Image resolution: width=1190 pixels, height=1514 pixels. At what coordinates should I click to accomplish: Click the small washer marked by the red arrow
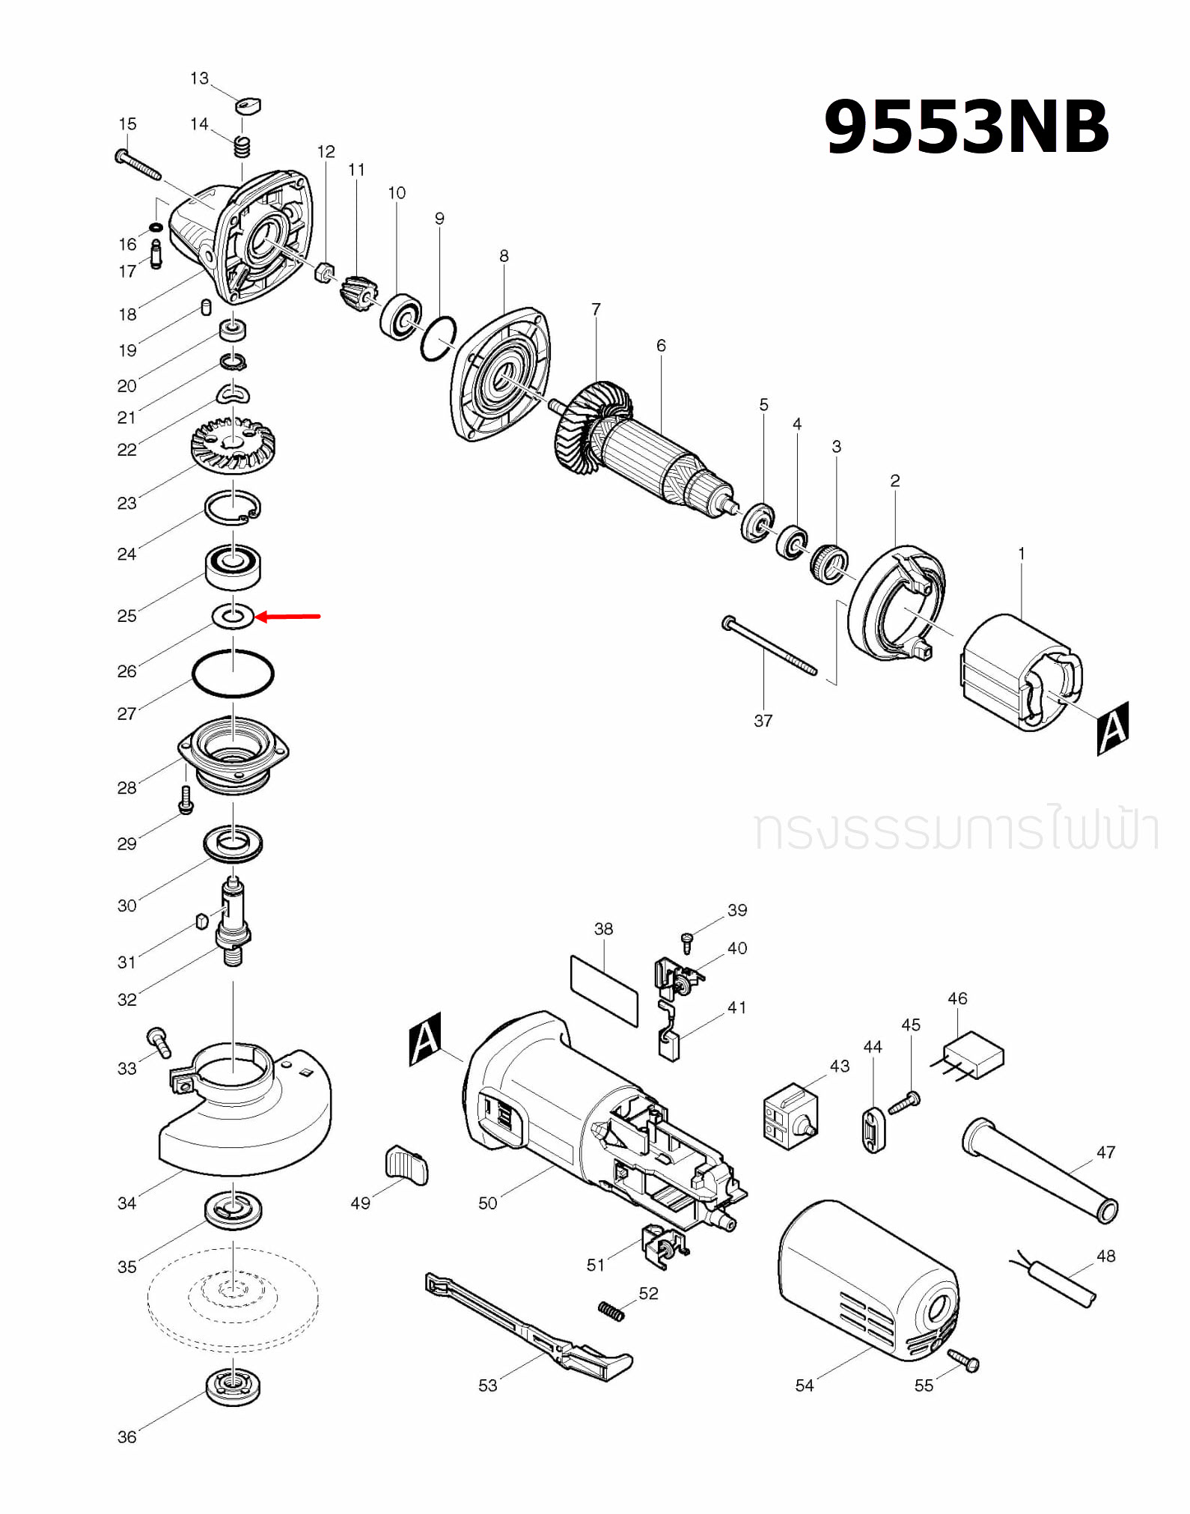point(234,617)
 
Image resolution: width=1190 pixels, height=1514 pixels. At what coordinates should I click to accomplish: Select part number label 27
point(126,713)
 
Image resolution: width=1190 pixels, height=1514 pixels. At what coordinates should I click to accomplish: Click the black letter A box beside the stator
point(1112,727)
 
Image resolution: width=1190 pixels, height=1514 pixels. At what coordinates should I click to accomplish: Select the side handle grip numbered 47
point(1040,1170)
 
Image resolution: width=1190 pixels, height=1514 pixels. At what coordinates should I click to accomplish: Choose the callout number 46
point(957,998)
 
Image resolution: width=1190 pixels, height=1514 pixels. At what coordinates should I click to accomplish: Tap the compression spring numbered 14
point(241,146)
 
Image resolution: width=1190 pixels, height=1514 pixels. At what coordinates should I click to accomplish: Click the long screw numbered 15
point(139,165)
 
